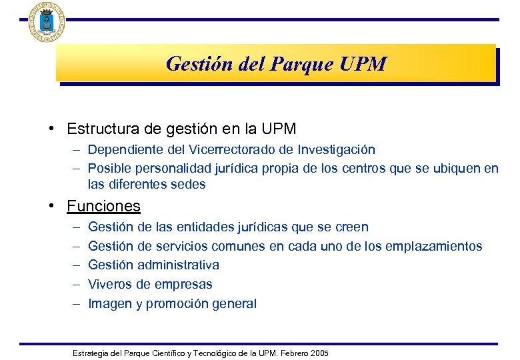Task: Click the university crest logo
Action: tap(47, 22)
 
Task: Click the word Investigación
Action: tap(337, 150)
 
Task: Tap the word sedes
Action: tap(189, 184)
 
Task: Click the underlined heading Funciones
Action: tap(103, 206)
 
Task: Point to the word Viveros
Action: tap(109, 284)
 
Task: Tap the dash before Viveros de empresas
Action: tap(77, 284)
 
